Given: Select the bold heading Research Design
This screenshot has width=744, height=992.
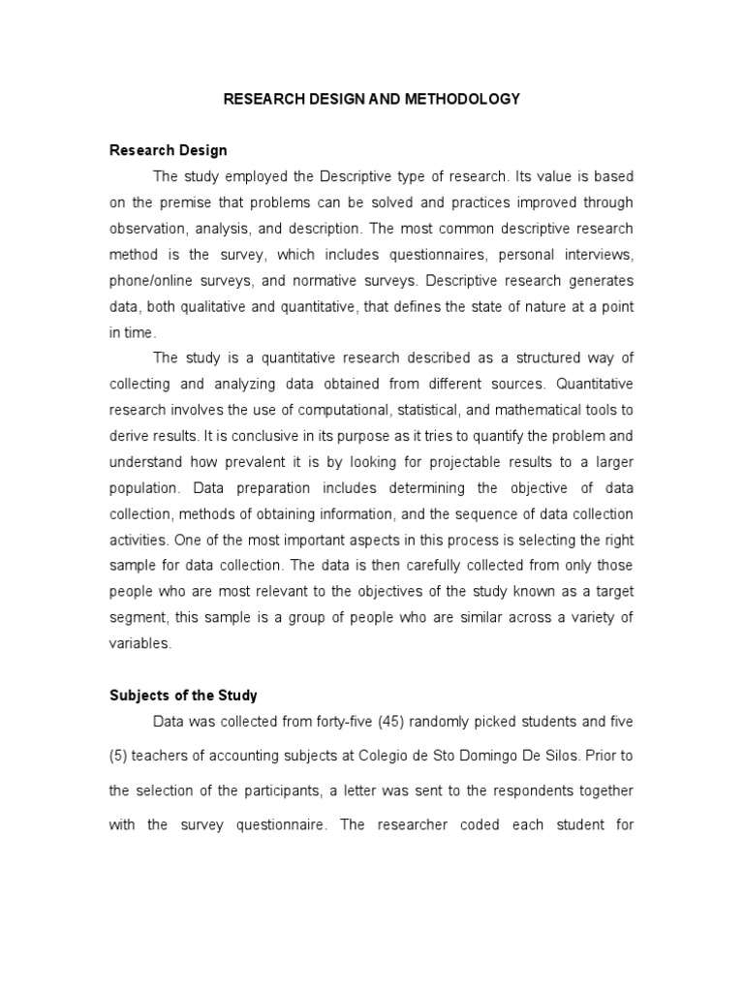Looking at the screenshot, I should tap(168, 150).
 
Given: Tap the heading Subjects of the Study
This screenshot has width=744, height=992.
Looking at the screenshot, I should tap(182, 696).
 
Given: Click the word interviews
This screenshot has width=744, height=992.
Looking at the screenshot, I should tap(598, 255).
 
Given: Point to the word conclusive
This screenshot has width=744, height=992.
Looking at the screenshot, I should tap(268, 436).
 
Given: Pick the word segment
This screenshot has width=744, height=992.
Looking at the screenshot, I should tap(138, 617).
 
